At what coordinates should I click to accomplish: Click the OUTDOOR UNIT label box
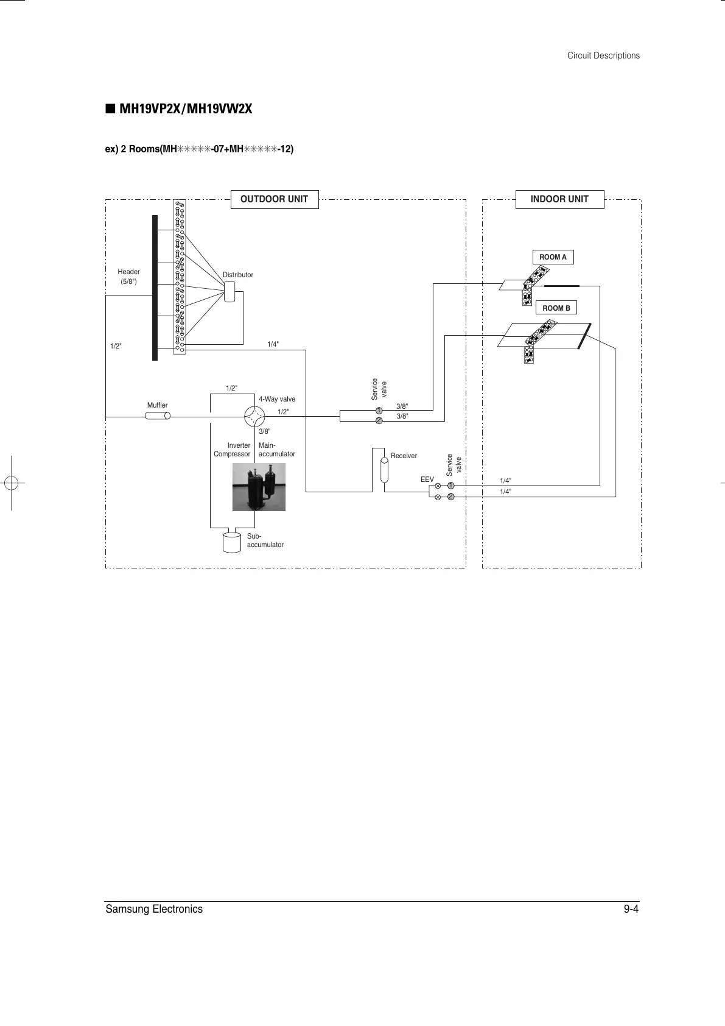275,199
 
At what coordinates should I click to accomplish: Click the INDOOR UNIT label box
559,199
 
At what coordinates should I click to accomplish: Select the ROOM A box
553,257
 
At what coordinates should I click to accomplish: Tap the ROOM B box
556,308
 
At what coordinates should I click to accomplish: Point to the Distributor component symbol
230,291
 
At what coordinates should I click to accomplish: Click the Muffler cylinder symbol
158,416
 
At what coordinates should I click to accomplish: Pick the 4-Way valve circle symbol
254,417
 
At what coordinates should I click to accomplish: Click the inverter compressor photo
259,487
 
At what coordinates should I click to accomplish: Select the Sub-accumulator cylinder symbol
232,542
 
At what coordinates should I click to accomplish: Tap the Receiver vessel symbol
384,469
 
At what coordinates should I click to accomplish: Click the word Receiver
404,456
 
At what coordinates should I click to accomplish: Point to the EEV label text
427,480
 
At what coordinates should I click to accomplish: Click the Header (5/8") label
128,277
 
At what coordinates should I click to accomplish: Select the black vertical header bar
155,288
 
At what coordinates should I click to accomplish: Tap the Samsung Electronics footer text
154,909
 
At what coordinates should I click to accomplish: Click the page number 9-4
631,909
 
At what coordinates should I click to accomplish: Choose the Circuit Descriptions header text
603,55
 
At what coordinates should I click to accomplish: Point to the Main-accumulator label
276,450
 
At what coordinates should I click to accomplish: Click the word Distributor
238,275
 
